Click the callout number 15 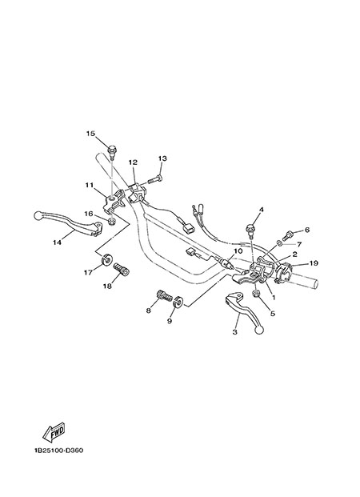coord(90,134)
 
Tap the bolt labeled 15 coord(111,150)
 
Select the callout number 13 coord(162,158)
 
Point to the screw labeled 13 coord(155,180)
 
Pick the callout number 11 coord(89,184)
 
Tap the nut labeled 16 coord(111,221)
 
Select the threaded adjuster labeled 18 coord(121,269)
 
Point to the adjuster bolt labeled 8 coord(165,296)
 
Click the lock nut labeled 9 coord(178,301)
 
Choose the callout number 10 coord(238,251)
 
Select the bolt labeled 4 coord(250,230)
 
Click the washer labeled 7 coord(279,243)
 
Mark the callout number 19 coord(314,263)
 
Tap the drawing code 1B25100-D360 coord(58,450)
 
